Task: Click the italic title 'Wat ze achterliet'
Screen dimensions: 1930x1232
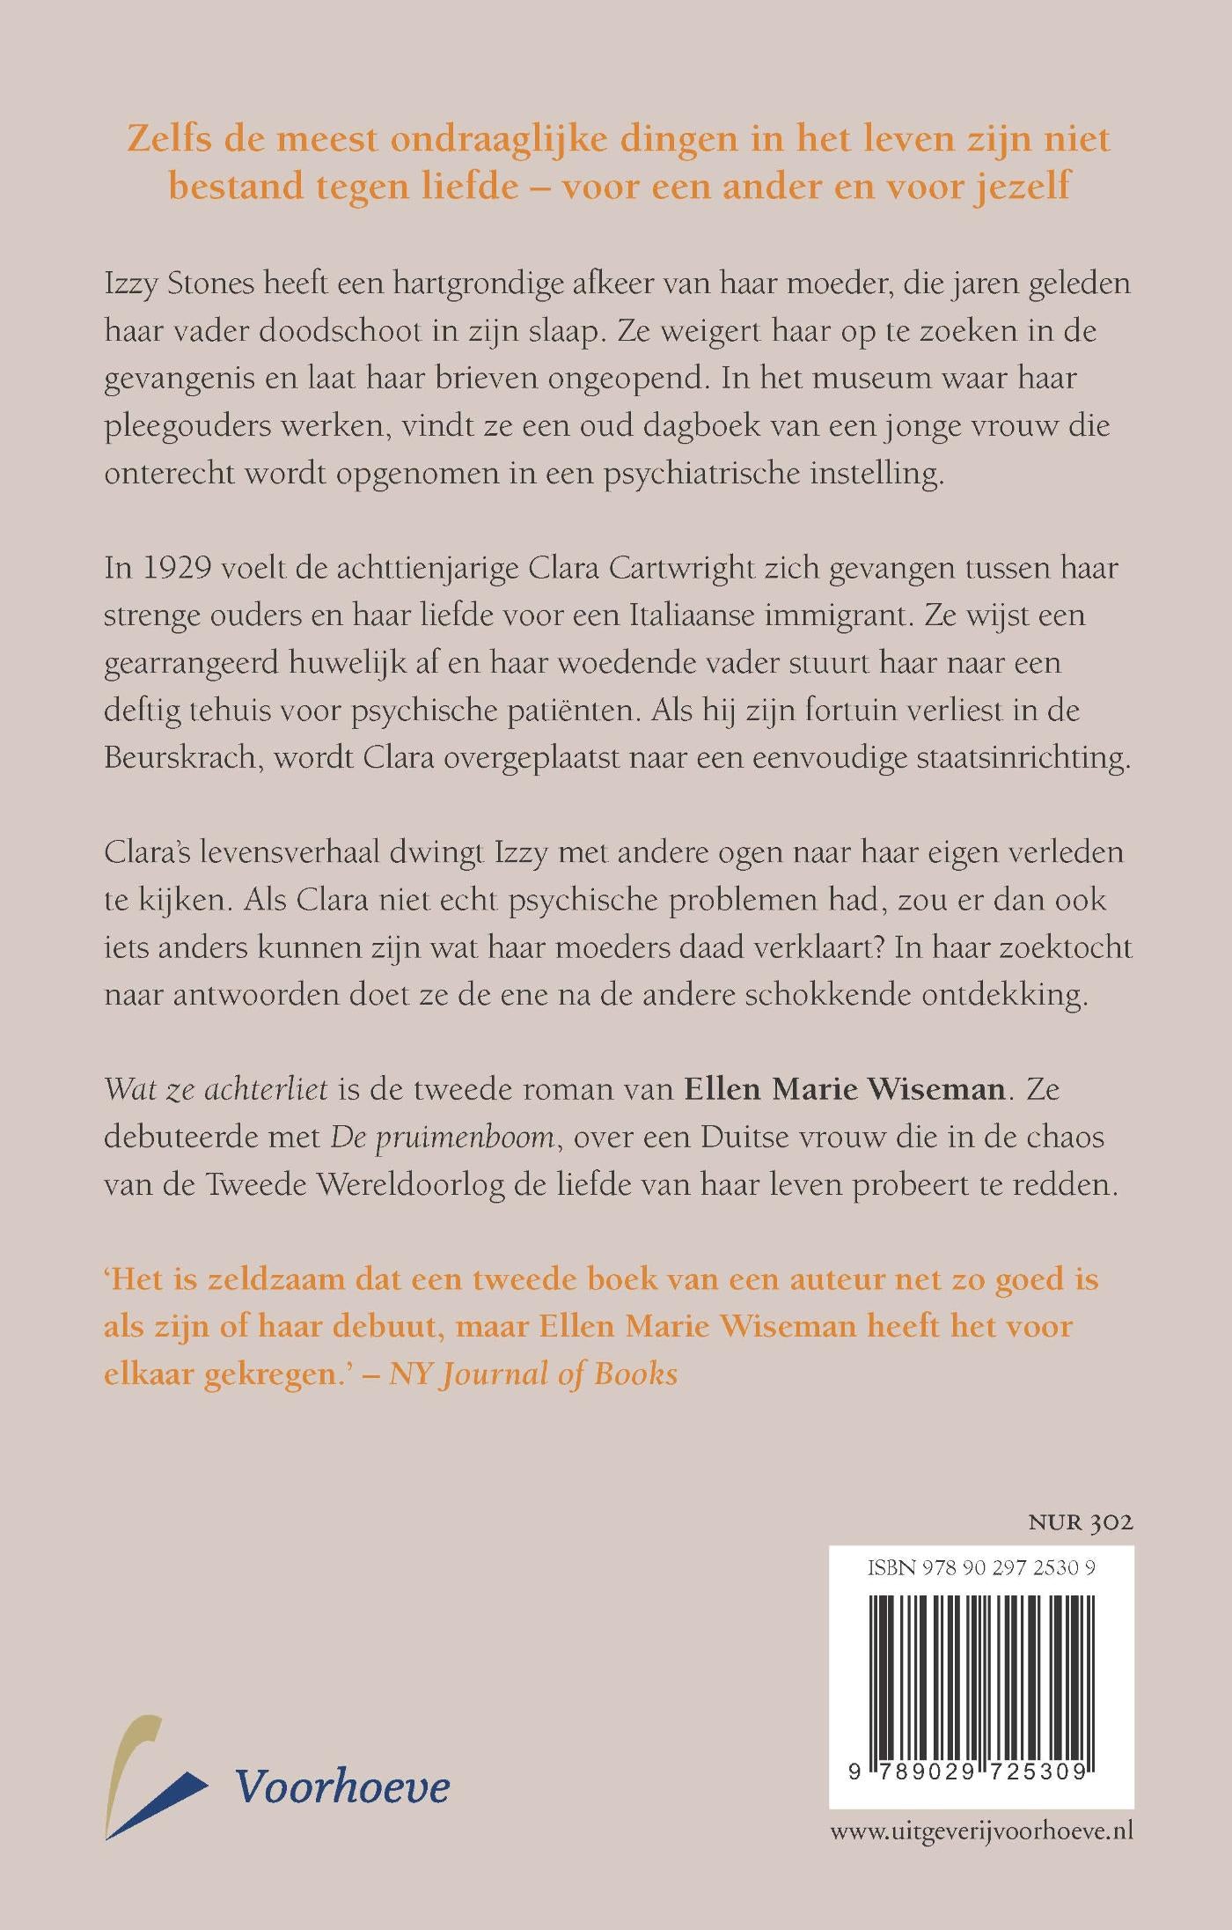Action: click(x=216, y=1090)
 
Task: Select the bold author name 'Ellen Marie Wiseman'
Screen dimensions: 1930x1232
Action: click(x=845, y=1090)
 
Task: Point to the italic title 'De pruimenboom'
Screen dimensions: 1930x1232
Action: click(x=443, y=1138)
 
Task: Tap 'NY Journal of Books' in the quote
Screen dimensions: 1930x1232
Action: click(x=533, y=1374)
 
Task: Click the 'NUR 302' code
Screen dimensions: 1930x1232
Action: click(x=1080, y=1522)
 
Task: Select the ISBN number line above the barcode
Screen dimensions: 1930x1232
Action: click(x=981, y=1567)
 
